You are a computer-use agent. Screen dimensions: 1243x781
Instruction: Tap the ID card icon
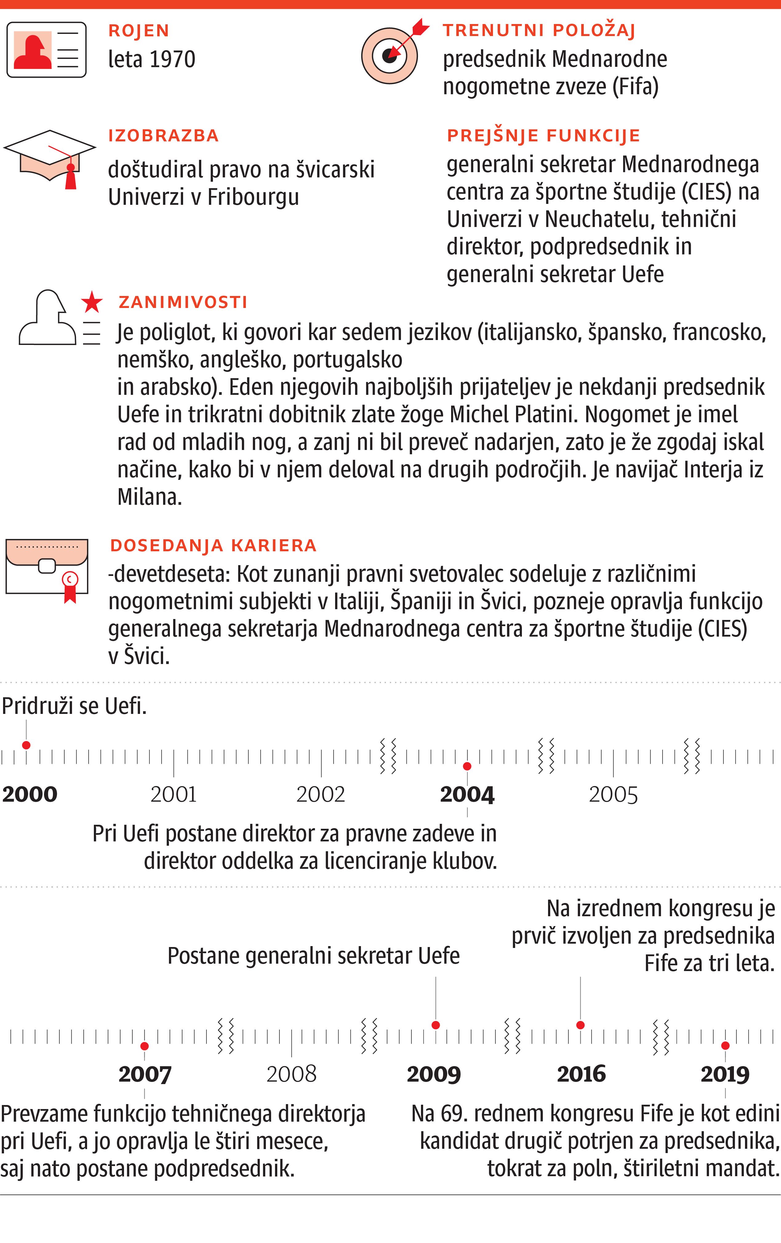coord(46,50)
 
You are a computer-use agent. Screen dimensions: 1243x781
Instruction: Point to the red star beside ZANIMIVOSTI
coord(92,302)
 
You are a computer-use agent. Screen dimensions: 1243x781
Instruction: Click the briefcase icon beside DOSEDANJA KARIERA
coord(47,568)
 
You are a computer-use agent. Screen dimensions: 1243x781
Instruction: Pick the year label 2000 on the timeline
coord(30,794)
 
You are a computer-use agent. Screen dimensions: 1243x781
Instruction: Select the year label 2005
coord(613,794)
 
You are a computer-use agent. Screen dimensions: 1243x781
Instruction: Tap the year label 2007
coord(145,1074)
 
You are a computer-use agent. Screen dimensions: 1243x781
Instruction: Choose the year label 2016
coord(581,1074)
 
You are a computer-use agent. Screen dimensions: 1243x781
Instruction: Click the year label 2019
coord(725,1074)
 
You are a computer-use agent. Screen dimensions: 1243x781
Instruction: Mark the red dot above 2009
coord(436,1025)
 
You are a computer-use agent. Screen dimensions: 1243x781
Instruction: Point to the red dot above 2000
coord(26,745)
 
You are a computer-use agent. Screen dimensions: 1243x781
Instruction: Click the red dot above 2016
coord(580,1025)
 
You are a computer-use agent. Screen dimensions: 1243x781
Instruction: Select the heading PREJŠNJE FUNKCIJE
coord(543,136)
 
